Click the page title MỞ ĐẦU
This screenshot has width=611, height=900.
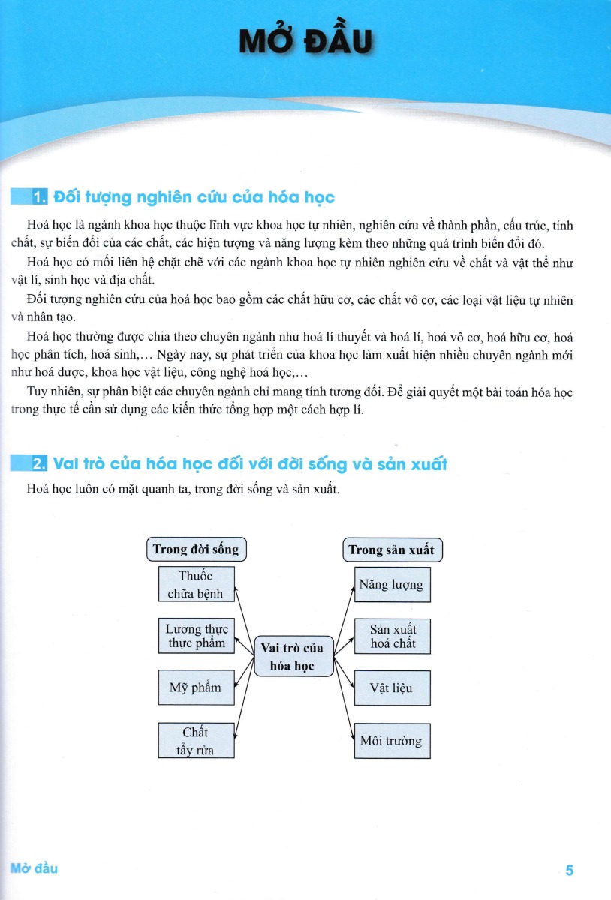point(305,43)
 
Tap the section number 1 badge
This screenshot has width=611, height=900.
point(40,198)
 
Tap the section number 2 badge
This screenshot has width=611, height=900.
point(40,464)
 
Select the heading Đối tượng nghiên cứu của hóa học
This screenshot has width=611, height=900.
point(194,198)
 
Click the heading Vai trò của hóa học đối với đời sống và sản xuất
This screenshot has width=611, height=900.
point(250,464)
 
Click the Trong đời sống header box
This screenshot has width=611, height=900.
point(195,550)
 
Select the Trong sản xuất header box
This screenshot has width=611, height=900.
point(391,550)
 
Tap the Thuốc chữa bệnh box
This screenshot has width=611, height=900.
point(196,585)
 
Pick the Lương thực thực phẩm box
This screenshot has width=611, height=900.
point(196,636)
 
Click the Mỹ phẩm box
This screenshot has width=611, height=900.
point(196,688)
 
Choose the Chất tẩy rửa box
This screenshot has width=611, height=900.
point(196,740)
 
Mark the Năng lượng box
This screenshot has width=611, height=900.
point(391,585)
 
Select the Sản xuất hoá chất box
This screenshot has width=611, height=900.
point(392,636)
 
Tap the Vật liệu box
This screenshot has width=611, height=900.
point(392,688)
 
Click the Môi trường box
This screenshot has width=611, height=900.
point(392,741)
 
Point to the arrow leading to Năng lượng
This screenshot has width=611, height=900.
point(343,613)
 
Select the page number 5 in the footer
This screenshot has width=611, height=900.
point(570,871)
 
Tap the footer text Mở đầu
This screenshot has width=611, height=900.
point(35,868)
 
